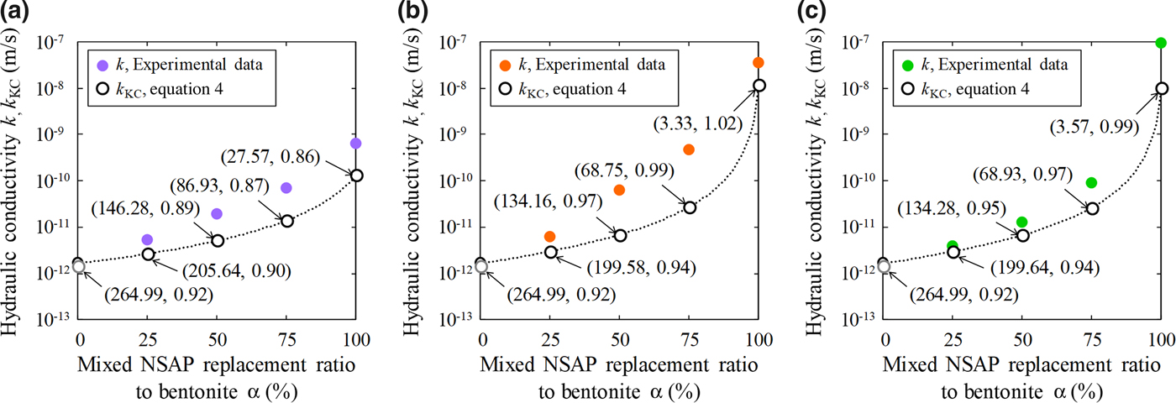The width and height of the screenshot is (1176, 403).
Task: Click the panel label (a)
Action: pyautogui.click(x=18, y=14)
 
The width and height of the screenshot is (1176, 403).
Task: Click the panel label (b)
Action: pyautogui.click(x=422, y=14)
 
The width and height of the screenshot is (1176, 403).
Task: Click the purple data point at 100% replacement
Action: pyautogui.click(x=355, y=144)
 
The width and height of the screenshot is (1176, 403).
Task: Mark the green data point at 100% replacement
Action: pyautogui.click(x=1161, y=43)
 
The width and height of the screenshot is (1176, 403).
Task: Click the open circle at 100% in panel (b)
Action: pyautogui.click(x=759, y=86)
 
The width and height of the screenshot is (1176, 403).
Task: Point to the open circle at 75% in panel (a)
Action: pyautogui.click(x=286, y=221)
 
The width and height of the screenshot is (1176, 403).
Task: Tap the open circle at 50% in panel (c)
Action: pyautogui.click(x=1023, y=235)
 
